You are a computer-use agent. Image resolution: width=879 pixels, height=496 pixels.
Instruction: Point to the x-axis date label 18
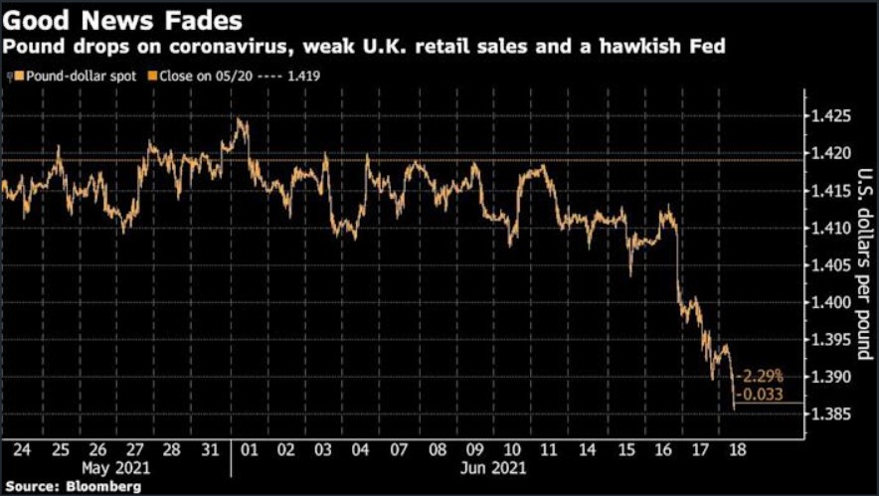tap(739, 447)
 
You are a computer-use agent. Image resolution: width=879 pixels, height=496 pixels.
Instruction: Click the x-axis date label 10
tap(511, 447)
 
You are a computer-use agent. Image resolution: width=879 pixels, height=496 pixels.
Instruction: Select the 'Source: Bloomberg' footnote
tap(71, 486)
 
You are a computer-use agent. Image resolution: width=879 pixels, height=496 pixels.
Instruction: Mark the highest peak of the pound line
tap(241, 119)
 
